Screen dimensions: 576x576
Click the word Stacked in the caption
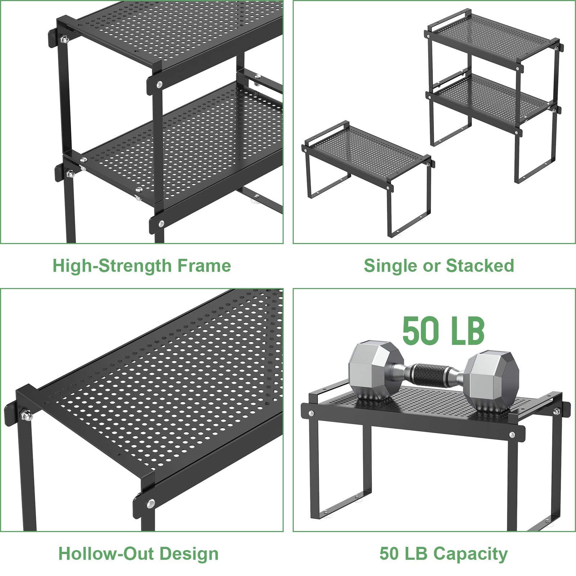tap(480, 266)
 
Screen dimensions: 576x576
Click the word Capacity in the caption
tap(471, 554)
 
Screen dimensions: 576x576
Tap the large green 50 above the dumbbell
tap(417, 330)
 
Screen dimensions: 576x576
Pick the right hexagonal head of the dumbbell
tap(492, 382)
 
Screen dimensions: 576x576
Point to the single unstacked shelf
tap(367, 179)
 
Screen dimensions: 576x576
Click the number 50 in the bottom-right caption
tap(389, 554)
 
